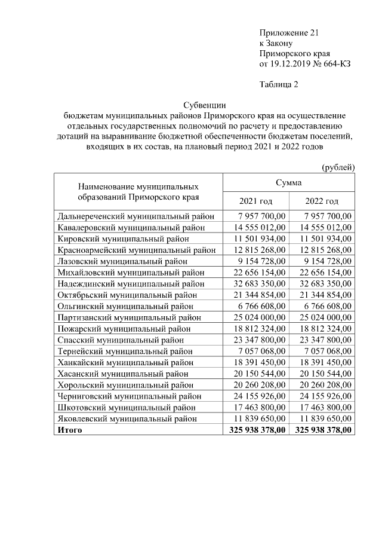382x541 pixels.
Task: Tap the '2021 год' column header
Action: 255,201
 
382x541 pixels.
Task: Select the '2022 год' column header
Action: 322,201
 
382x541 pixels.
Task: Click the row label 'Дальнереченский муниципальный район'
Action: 136,216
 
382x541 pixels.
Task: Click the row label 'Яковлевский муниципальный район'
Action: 128,418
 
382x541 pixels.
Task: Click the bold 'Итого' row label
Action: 69,430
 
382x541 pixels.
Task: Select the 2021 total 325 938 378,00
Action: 257,430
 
